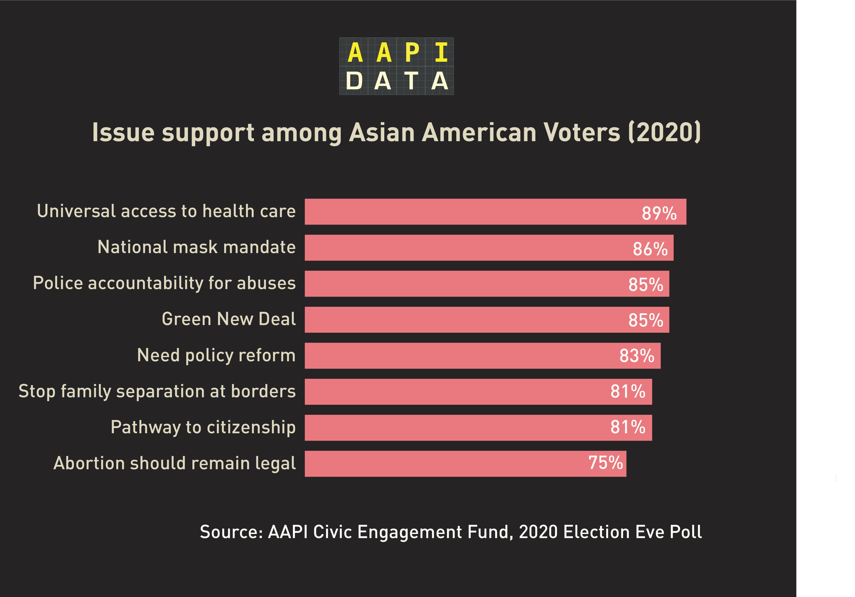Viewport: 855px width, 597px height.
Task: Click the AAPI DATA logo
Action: click(396, 66)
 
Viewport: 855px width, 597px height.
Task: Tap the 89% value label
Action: click(659, 213)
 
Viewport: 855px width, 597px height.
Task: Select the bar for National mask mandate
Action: click(465, 248)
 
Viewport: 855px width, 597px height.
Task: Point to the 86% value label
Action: click(650, 249)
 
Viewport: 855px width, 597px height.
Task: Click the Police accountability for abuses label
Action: click(164, 283)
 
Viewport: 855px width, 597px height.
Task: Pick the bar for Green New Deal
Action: click(465, 320)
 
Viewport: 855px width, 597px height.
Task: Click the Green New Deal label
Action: click(229, 319)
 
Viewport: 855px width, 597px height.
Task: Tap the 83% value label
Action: click(636, 356)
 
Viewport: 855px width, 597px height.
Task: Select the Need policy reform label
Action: click(216, 355)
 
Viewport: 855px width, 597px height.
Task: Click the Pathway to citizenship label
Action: click(203, 427)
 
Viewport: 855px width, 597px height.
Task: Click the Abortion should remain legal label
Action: click(174, 463)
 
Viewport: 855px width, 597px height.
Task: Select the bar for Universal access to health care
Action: click(465, 212)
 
